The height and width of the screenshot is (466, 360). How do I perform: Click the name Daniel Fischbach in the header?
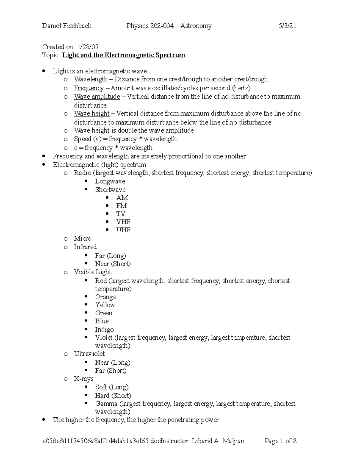click(x=67, y=26)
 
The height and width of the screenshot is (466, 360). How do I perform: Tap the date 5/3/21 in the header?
click(x=287, y=26)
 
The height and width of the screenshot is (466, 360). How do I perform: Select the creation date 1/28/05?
click(x=88, y=47)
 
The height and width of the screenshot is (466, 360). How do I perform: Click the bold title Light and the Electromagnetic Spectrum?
click(x=124, y=55)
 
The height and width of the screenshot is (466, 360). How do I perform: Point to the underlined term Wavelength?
click(x=91, y=79)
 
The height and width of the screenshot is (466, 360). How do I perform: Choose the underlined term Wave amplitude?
click(x=97, y=97)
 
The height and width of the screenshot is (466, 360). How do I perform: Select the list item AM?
click(x=122, y=198)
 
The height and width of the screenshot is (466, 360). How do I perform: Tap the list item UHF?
click(x=123, y=230)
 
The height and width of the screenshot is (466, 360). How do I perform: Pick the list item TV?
click(x=121, y=214)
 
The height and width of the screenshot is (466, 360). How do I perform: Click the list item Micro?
click(x=82, y=239)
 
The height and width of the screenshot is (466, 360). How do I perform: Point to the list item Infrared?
click(x=85, y=247)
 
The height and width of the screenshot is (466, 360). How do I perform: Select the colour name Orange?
click(x=106, y=297)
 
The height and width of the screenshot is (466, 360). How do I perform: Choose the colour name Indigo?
click(x=104, y=329)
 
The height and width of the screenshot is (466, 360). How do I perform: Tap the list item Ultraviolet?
click(x=89, y=354)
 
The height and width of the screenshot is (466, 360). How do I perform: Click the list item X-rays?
click(x=84, y=379)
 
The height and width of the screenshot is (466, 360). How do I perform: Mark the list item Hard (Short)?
click(x=113, y=395)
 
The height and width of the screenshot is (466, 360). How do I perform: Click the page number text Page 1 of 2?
click(x=280, y=441)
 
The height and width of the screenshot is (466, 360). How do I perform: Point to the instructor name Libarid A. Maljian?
click(x=218, y=441)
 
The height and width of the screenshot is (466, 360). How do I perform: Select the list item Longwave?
click(x=110, y=181)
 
